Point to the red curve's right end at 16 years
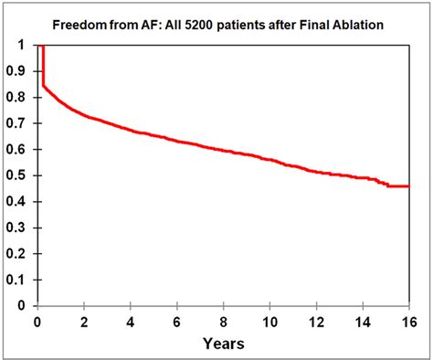point(408,186)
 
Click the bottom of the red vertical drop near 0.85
point(43,85)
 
